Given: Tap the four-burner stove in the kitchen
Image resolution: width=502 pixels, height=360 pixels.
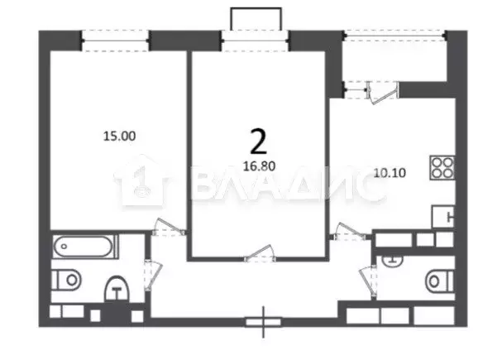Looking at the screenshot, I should click(x=442, y=169).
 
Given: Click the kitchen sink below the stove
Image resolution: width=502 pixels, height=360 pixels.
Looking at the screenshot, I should click(x=442, y=218).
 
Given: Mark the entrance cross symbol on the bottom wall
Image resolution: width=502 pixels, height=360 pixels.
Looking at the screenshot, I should click(x=264, y=320).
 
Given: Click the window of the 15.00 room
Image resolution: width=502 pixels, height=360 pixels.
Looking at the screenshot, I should click(x=115, y=36).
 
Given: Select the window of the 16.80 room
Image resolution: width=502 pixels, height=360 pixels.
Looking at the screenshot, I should click(x=255, y=36).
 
